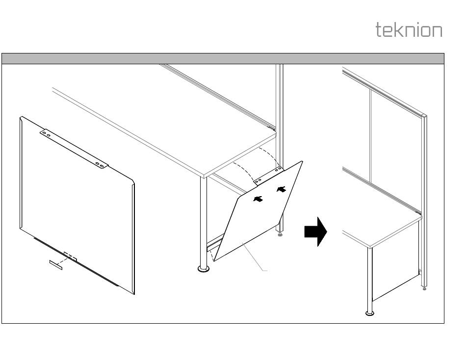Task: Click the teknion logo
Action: tap(409, 30)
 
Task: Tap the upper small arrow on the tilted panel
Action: tap(281, 189)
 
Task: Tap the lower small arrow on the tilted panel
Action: tap(258, 199)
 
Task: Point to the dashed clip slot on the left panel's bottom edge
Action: tap(70, 256)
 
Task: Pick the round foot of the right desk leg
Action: tap(369, 313)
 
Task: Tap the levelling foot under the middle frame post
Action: tap(280, 234)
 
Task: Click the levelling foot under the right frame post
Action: tap(424, 288)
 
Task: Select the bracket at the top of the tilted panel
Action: tap(268, 175)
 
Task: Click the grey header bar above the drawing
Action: tap(223, 59)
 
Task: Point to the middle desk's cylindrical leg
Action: tap(202, 221)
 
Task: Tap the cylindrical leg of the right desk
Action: tap(368, 280)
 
